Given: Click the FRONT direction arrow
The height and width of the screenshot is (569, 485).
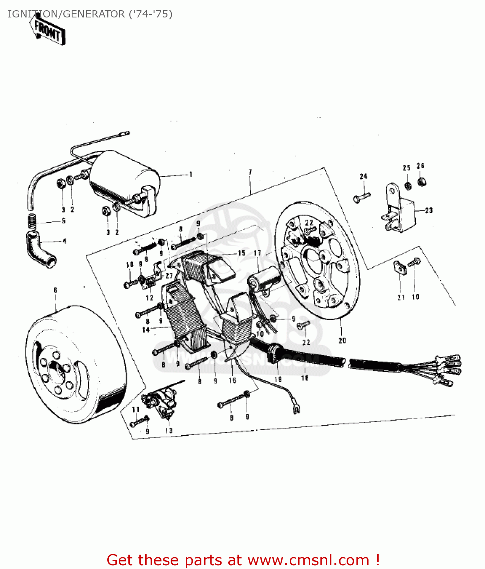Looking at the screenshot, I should coord(48,31).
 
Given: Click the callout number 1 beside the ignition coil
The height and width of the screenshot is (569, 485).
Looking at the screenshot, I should coord(191,174).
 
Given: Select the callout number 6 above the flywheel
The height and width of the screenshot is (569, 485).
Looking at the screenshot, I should coord(55,290).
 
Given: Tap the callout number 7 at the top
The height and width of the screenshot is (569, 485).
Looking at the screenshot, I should coord(250,172).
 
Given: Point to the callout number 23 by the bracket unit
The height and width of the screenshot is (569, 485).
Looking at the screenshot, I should coord(428,211).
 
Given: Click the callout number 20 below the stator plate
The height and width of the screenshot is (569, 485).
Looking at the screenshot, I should coord(342,341).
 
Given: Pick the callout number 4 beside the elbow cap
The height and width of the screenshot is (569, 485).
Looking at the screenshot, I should coord(64,241).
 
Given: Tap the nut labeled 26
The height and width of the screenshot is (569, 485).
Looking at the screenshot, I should coord(421,182).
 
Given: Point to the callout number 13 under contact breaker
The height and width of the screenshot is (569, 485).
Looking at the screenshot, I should coord(169,431).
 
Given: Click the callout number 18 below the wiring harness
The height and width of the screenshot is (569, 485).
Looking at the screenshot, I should coord(305,378).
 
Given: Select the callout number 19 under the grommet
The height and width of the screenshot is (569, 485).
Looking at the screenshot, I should coord(278,379).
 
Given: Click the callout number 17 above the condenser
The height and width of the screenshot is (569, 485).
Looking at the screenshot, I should coord(257,253).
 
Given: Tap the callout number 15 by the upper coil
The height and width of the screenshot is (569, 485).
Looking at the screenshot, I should coord(242,253).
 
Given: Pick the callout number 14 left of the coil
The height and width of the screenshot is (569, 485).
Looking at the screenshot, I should coord(146,330).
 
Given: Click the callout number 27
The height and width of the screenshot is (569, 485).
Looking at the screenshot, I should coord(169,276).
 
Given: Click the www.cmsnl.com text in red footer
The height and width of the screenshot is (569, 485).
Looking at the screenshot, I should coord(308,560).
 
